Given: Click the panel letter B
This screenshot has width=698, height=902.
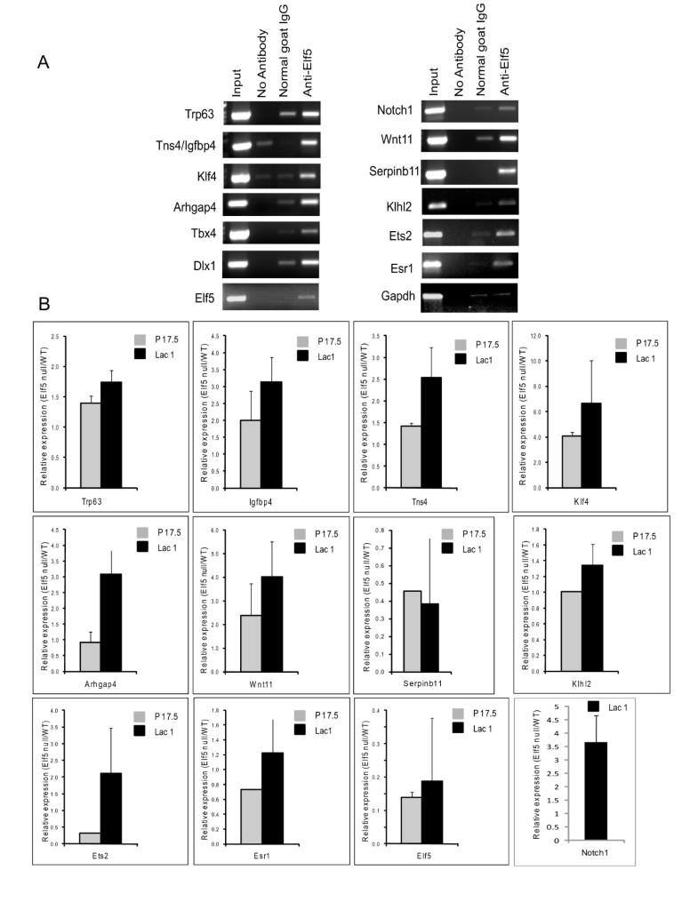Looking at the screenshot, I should point(43,303).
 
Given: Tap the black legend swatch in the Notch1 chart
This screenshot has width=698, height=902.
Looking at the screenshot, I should point(589,705).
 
